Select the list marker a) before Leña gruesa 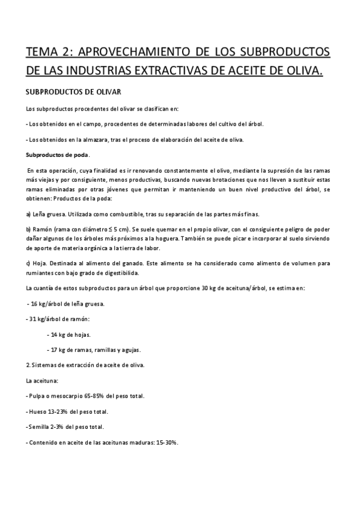point(29,215)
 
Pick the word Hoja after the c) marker point(41,263)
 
